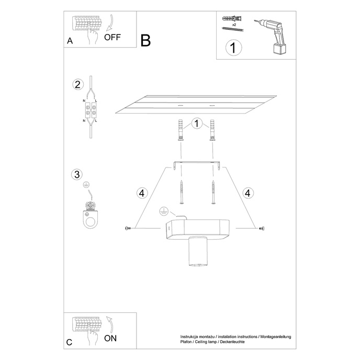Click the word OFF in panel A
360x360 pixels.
[113, 37]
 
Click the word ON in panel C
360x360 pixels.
[110, 338]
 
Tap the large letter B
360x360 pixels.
[145, 40]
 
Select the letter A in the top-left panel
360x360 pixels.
[70, 41]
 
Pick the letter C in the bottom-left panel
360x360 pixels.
[70, 343]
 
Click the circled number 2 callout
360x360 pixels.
[77, 85]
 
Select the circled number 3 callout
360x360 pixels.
[77, 174]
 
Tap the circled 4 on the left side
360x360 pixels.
[140, 193]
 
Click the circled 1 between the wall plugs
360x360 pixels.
[196, 124]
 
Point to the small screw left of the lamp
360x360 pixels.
[127, 228]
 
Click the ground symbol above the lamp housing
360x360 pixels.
[162, 211]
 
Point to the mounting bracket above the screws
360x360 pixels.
[196, 164]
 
